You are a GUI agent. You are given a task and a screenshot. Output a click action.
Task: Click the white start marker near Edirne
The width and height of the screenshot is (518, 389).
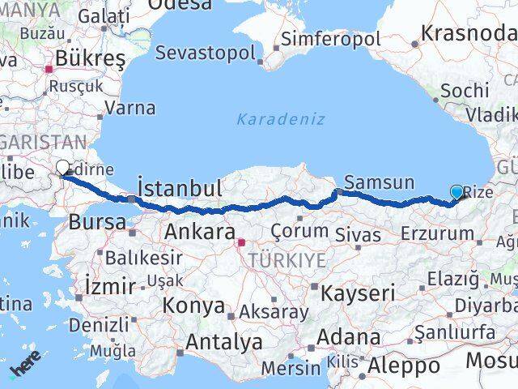[63, 168]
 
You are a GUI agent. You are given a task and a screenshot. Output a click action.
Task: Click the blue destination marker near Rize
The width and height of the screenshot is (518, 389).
[457, 192]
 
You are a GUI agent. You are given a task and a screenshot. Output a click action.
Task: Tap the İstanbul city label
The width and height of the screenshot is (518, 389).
[180, 188]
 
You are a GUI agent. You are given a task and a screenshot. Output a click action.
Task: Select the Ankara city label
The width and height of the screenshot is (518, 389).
[200, 232]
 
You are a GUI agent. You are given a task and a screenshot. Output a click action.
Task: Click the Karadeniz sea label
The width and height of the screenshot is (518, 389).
[281, 119]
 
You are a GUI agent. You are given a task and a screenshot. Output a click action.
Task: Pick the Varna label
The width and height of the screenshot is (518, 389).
[130, 107]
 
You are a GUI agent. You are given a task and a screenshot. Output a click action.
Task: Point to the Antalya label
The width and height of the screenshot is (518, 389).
[223, 342]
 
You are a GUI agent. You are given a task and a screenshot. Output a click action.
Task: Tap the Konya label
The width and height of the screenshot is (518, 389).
[193, 306]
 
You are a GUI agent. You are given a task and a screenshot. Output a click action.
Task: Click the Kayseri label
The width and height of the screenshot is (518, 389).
[359, 293]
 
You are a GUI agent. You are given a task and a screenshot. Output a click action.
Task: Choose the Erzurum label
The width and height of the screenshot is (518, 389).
[437, 234]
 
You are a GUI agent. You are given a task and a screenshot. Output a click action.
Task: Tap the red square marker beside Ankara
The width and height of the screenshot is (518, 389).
[241, 242]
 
